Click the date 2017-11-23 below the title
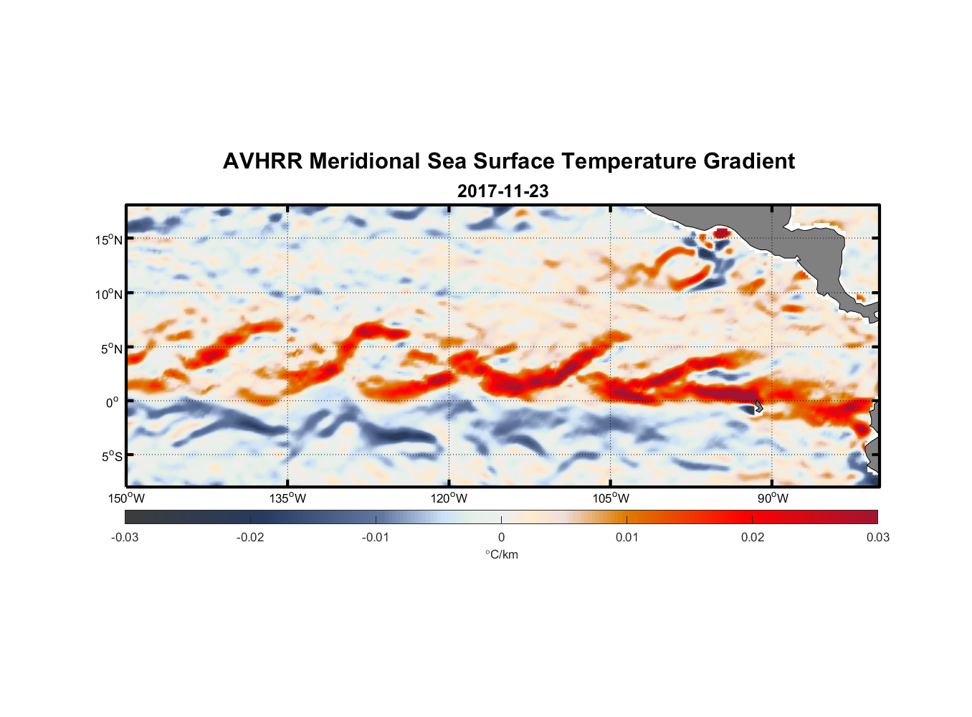coord(502,191)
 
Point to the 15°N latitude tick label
coord(109,239)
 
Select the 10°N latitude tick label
coord(109,294)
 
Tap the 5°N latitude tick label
coord(111,348)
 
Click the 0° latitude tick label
coord(113,402)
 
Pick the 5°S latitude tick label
coord(111,456)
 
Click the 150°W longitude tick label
coord(126,498)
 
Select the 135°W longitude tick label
coord(287,498)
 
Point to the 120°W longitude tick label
coord(449,498)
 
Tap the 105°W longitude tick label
coord(611,498)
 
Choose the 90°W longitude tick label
coord(773,498)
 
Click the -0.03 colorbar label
coord(125,538)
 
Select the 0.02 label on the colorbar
coord(753,538)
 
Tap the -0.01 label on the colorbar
coord(376,538)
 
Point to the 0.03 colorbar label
coord(878,538)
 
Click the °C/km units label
coord(502,554)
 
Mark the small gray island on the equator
coord(758,406)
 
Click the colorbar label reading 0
coord(501,538)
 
